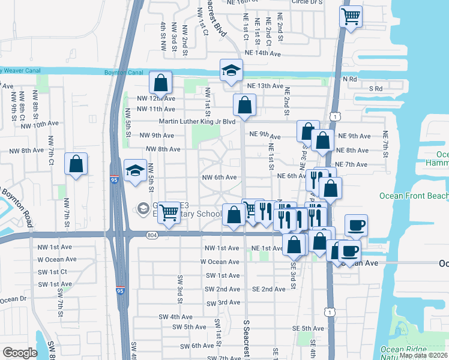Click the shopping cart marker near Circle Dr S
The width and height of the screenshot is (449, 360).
(x=351, y=16)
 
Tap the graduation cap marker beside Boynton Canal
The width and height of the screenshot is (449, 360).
(x=231, y=70)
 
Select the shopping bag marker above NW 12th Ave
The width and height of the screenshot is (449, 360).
(x=161, y=82)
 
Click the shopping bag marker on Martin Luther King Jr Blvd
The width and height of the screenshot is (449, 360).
(x=244, y=105)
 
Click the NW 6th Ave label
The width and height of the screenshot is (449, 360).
(x=219, y=177)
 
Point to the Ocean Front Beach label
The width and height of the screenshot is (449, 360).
(x=414, y=196)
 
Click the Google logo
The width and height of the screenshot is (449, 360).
(x=20, y=353)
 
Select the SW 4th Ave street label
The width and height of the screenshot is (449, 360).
(x=175, y=317)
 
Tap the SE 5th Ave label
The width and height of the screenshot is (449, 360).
(x=308, y=328)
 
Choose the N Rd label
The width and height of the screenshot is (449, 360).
(x=349, y=79)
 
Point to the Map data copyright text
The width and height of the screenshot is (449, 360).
(x=423, y=355)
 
